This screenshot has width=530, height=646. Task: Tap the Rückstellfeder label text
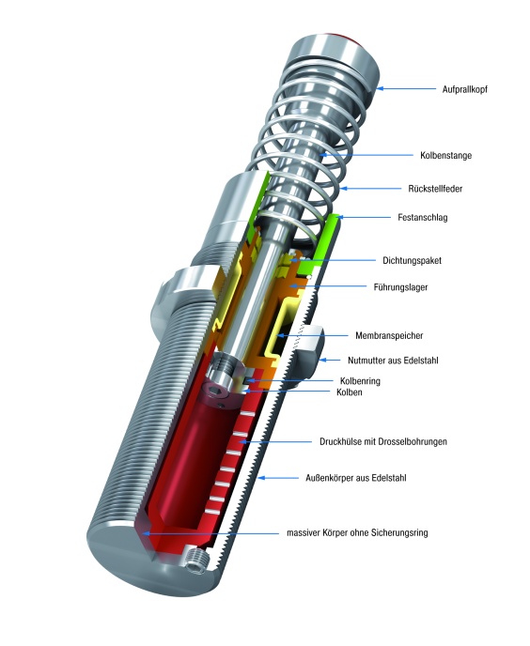(441, 188)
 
